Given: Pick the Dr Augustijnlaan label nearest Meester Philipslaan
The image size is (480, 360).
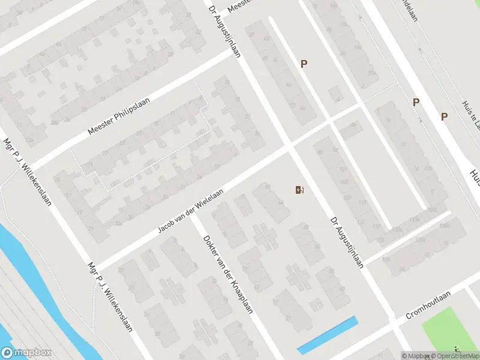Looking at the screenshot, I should tap(224, 31).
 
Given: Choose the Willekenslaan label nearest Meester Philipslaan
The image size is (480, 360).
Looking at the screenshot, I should tap(27, 170).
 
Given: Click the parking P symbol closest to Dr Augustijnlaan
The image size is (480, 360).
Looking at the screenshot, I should tap(304, 64).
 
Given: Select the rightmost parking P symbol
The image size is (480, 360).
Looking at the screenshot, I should tap(445, 116).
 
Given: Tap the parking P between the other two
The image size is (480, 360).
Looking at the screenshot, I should tap(416, 103).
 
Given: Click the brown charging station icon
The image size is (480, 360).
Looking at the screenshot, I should tap(299, 190).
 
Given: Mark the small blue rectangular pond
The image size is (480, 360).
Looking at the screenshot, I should tap(328, 334).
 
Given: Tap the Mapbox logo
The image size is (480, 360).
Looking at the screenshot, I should tap(27, 353).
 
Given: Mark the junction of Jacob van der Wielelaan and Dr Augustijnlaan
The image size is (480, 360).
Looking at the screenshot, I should tap(289, 146).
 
